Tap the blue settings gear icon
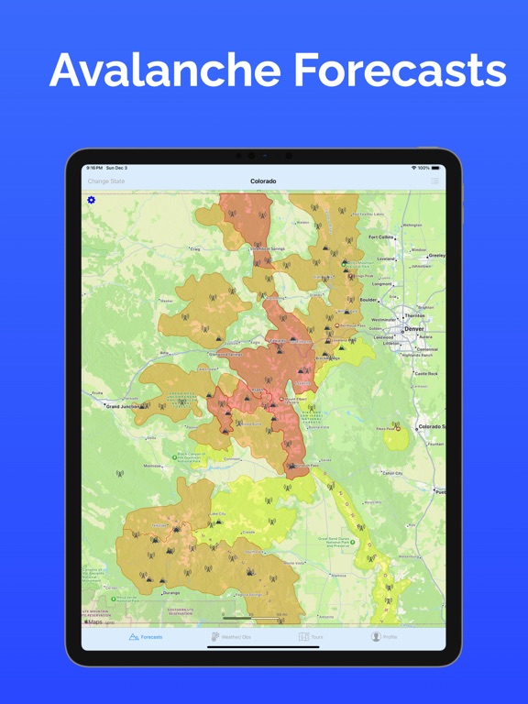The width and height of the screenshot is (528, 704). click(91, 200)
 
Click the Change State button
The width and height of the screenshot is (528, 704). click(106, 181)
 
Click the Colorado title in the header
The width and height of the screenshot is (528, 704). click(263, 181)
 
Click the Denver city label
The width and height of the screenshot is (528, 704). click(414, 327)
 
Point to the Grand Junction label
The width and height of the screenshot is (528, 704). click(126, 405)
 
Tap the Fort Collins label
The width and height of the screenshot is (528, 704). click(380, 236)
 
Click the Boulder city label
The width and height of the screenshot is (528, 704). click(368, 299)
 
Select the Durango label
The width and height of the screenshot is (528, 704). click(171, 593)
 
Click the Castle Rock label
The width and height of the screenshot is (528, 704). click(426, 373)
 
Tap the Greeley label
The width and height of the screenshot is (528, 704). click(436, 256)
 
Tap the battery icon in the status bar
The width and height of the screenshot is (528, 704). click(435, 168)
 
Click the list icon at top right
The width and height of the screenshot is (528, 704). click(434, 181)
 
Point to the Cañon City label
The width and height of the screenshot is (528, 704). click(392, 472)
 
